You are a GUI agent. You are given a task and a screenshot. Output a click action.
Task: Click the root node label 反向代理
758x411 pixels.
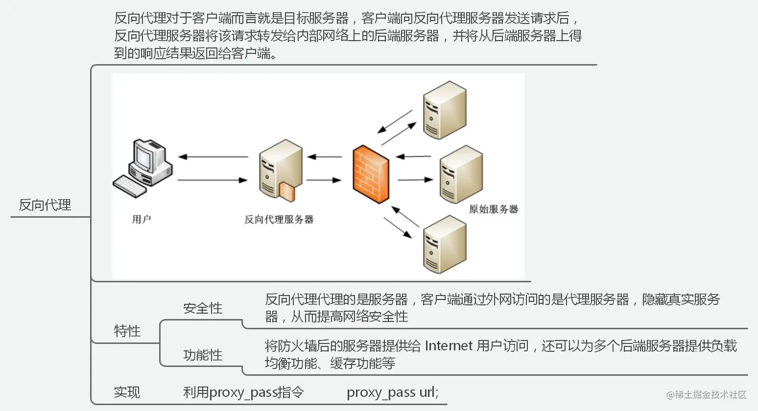[45, 205]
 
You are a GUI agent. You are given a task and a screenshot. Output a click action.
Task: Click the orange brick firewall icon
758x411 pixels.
[371, 174]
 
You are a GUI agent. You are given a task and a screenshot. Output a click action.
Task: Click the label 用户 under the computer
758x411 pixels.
[141, 219]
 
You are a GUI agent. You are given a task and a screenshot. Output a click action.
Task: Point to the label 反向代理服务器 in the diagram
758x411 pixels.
[279, 219]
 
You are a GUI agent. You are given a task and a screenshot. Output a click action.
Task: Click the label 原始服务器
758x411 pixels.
[493, 209]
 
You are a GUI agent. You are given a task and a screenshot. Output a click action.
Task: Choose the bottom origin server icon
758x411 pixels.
[444, 245]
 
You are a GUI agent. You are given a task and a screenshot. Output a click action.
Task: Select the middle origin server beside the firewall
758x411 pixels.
[460, 174]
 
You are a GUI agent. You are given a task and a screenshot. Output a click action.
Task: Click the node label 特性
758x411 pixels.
[127, 331]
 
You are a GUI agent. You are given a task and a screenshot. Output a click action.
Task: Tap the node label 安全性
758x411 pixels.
[203, 308]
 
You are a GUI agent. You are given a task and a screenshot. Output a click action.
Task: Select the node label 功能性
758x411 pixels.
[203, 355]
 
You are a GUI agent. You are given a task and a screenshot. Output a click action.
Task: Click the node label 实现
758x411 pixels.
[127, 392]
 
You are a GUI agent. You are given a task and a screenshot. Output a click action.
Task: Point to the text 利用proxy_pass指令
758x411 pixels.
[244, 392]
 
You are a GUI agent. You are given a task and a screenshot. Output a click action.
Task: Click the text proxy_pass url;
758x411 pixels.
[393, 392]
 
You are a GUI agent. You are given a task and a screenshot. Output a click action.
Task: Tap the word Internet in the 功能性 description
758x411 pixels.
[449, 346]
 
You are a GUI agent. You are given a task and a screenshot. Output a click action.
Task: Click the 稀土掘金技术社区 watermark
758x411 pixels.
[706, 394]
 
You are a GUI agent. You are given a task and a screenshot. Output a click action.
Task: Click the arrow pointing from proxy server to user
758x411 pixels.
[213, 157]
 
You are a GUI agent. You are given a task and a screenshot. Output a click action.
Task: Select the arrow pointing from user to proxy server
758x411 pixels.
[213, 180]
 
